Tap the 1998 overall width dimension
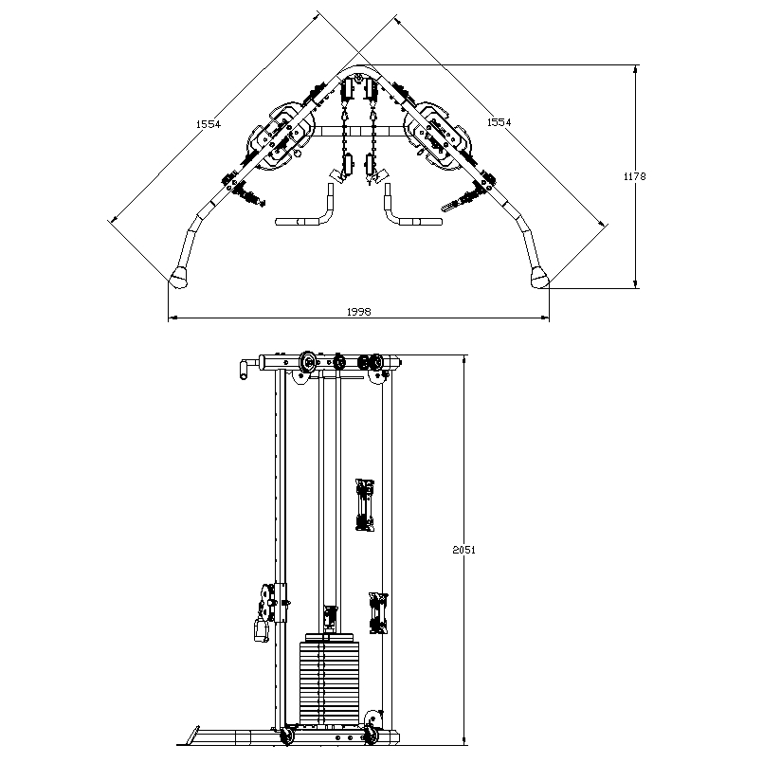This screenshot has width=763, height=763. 358,311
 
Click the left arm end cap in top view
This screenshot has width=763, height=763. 179,277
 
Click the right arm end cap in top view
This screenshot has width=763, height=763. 539,276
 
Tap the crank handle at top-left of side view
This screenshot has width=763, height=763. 245,367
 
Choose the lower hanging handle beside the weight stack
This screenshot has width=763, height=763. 377,612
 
